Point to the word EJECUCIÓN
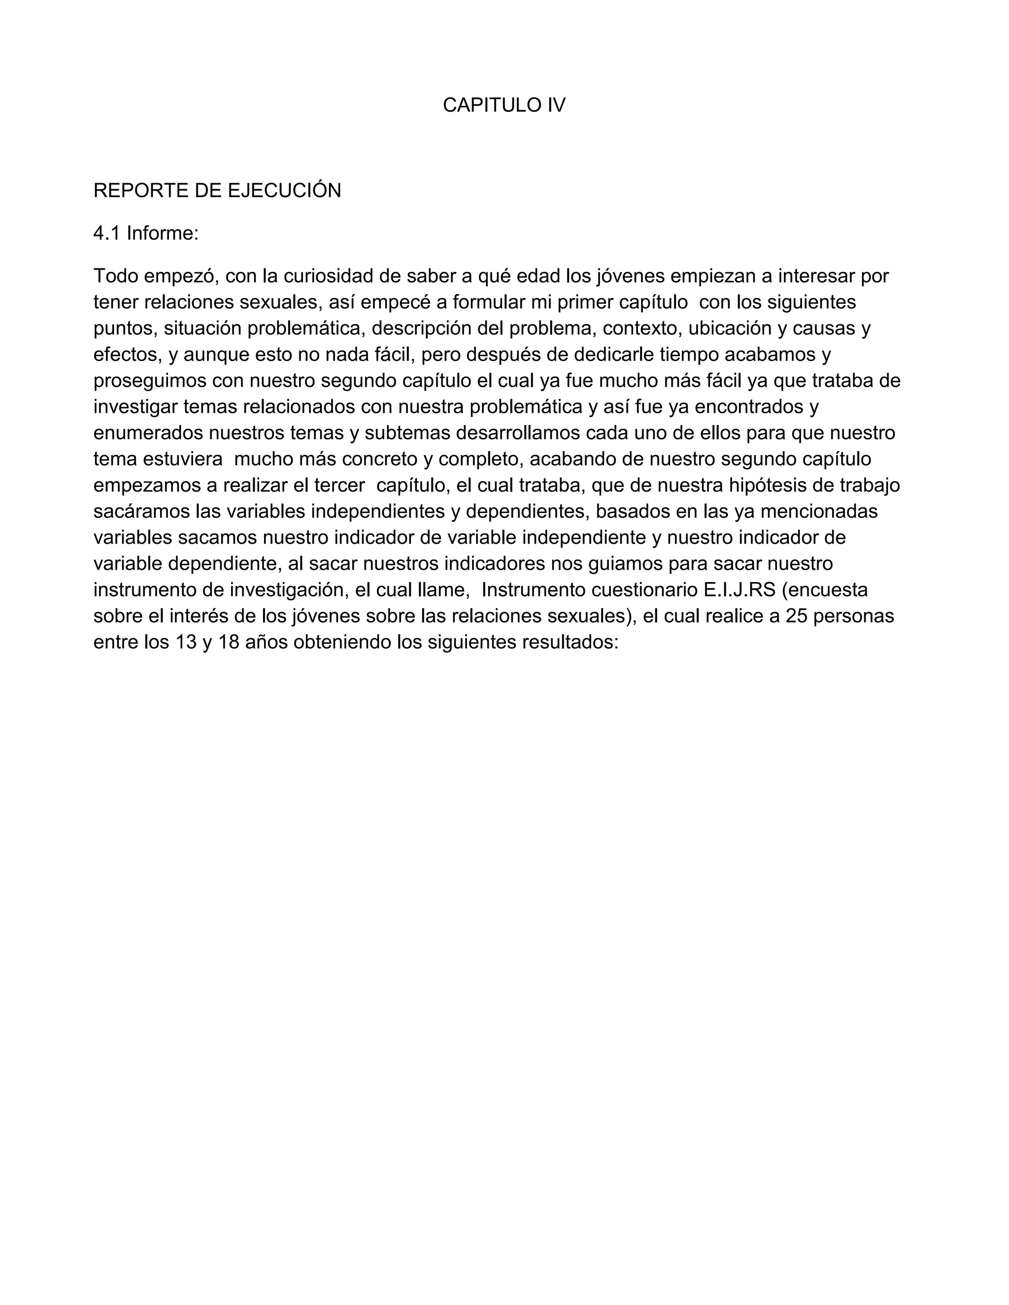pos(285,191)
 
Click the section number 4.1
pos(107,233)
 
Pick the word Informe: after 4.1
pos(163,233)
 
